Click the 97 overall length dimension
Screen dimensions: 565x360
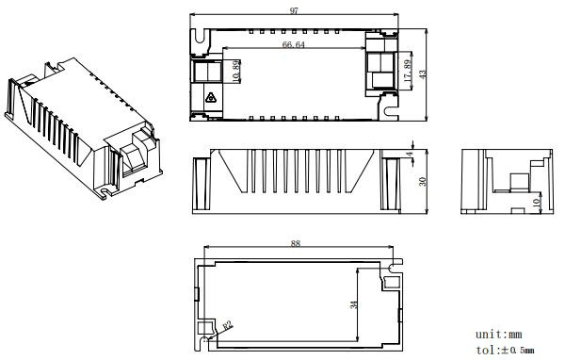[295, 10]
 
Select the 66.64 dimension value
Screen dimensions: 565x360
[293, 44]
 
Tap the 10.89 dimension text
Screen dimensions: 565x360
[236, 72]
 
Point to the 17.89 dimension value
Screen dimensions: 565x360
[408, 71]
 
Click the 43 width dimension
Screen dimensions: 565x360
[423, 74]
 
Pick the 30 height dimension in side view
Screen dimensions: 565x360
[422, 181]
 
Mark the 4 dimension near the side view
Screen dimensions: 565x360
[410, 155]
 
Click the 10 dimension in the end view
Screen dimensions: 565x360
[537, 202]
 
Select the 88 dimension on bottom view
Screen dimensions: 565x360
[295, 243]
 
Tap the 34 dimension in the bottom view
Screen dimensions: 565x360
[354, 304]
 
